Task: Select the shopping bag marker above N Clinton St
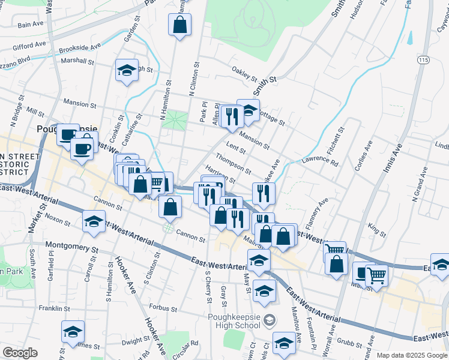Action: click(x=179, y=25)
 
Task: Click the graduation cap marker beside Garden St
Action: click(x=127, y=70)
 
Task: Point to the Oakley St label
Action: click(x=244, y=75)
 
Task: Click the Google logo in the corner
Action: click(x=19, y=353)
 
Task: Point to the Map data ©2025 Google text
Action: click(x=411, y=355)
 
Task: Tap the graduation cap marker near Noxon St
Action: click(x=94, y=223)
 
